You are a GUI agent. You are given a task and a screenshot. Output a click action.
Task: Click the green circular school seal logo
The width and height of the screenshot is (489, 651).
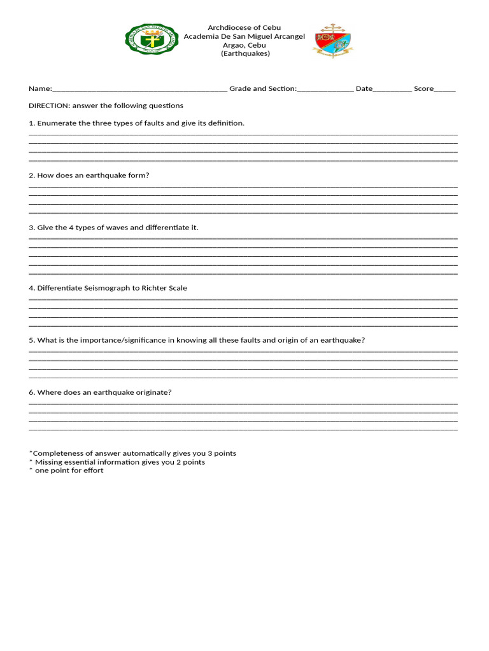(152, 40)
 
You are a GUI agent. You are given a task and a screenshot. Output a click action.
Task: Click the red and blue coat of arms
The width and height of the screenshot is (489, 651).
(332, 41)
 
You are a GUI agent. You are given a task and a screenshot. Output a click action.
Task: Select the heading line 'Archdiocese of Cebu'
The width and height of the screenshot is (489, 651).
(244, 28)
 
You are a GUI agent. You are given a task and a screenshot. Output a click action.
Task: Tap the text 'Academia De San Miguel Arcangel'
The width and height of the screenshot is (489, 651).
(244, 36)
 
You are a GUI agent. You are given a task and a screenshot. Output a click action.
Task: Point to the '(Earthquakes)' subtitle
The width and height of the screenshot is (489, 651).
(245, 53)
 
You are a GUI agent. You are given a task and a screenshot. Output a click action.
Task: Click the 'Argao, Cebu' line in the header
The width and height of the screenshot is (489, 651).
(244, 45)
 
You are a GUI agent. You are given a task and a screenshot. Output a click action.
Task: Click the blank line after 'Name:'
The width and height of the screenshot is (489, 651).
(139, 90)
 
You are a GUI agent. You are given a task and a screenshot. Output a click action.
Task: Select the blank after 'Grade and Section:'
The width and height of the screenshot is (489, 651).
(325, 90)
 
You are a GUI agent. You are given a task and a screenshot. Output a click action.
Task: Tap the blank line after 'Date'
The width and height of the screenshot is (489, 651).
(392, 90)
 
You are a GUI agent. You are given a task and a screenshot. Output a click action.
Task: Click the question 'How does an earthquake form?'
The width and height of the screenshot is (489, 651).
(93, 175)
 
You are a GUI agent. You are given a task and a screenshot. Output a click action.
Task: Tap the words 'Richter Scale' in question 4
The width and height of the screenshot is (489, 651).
(164, 288)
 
